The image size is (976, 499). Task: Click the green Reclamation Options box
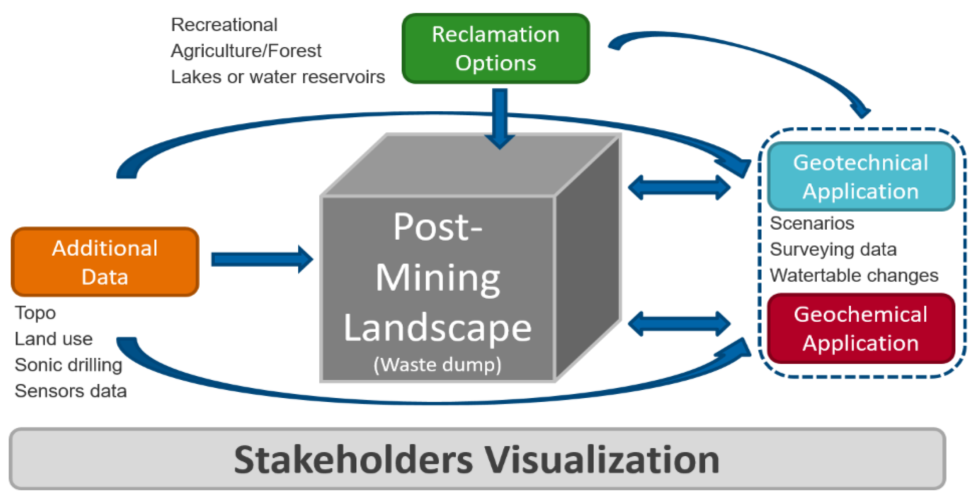(496, 49)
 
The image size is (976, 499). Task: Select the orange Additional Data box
(105, 262)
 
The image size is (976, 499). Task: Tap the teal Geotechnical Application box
(861, 176)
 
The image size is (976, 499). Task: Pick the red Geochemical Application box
(861, 329)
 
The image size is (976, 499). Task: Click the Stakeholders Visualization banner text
(477, 459)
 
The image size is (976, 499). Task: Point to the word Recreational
(224, 25)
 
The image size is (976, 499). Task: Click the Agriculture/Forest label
(246, 51)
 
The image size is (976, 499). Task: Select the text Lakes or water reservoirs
(278, 77)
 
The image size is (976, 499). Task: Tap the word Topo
(35, 313)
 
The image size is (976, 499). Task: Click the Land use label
(53, 339)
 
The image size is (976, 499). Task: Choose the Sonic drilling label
(68, 365)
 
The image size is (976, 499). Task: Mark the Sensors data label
(71, 391)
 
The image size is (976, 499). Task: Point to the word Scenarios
(812, 223)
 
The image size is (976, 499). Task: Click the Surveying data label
(833, 250)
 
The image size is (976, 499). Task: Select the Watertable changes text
(854, 275)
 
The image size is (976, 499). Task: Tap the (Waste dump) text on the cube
(438, 365)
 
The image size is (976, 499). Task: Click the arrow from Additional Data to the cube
(261, 259)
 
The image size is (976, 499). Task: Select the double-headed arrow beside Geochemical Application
(679, 324)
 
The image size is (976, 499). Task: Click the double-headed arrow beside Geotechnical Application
(679, 187)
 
